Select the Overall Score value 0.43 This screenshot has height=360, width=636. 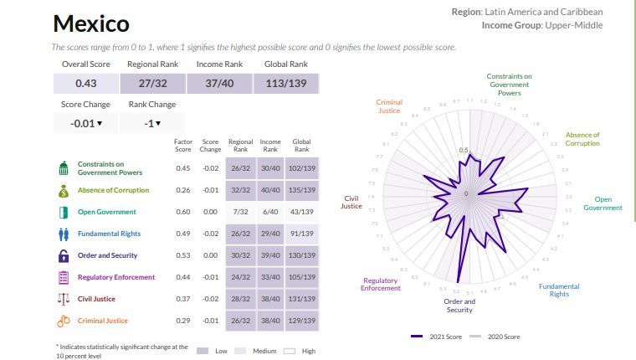tap(85, 84)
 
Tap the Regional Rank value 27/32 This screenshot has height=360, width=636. tap(151, 84)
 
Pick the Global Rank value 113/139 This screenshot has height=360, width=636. tap(286, 84)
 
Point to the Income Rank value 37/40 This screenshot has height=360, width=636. tap(219, 84)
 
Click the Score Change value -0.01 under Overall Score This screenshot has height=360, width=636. tap(85, 124)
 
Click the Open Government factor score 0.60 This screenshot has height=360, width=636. tap(183, 212)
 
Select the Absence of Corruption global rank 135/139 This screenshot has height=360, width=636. tap(301, 190)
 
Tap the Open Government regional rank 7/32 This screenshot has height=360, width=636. tap(241, 212)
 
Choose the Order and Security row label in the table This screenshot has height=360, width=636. tap(107, 255)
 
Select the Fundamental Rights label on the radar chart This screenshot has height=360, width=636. tap(559, 290)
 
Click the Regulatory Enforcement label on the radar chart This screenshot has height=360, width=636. tap(381, 285)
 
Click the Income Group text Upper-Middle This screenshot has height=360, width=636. tap(573, 25)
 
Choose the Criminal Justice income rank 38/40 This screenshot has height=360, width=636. tap(270, 321)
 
